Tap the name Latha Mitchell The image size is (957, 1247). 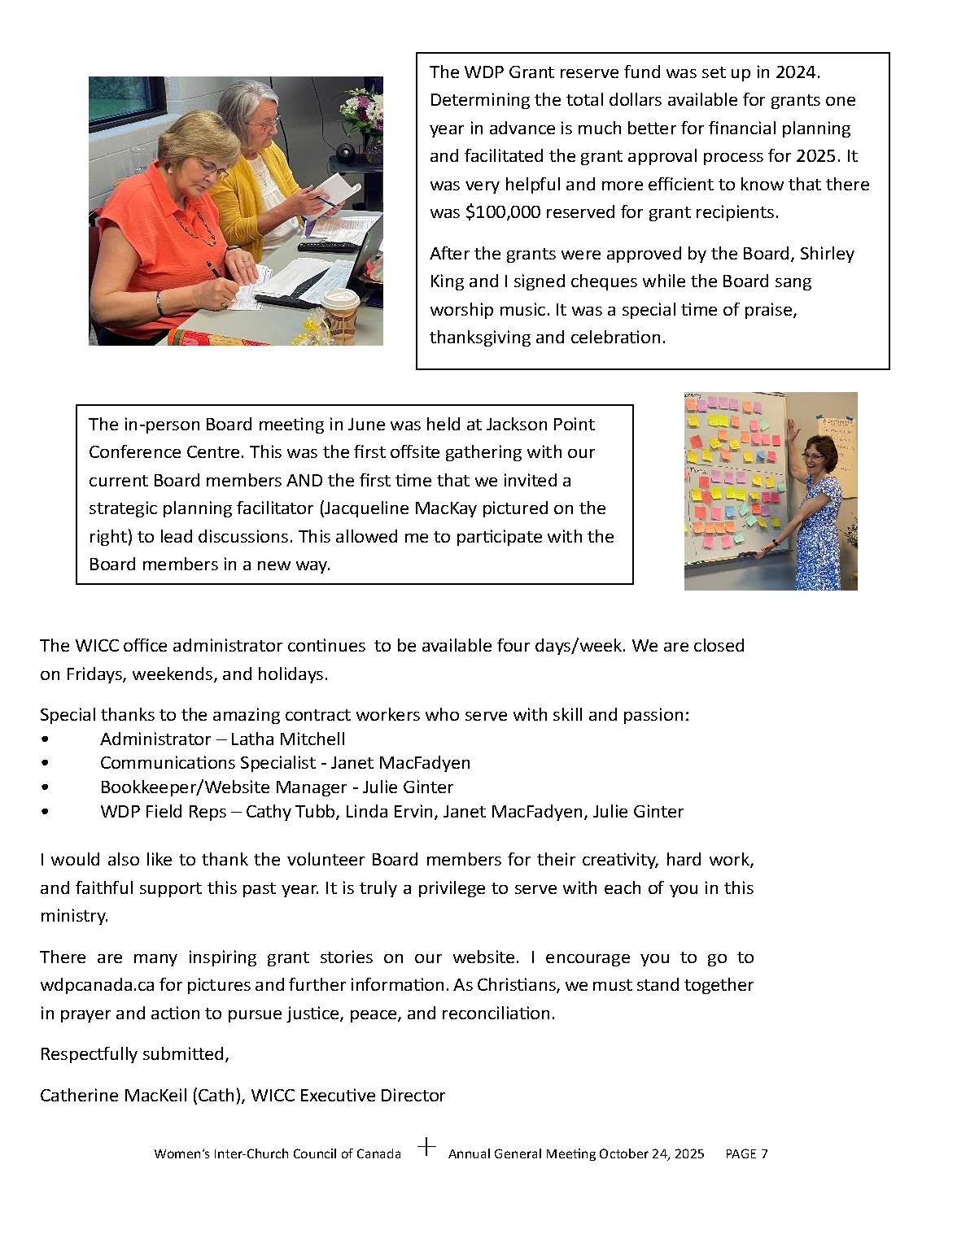288,739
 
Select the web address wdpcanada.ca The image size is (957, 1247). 97,985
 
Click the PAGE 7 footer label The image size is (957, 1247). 746,1153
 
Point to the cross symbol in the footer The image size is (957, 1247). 426,1147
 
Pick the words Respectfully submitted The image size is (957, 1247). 134,1054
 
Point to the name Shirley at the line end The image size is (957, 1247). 827,254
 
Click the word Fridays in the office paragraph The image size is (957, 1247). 94,674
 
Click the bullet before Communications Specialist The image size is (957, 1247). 45,763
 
